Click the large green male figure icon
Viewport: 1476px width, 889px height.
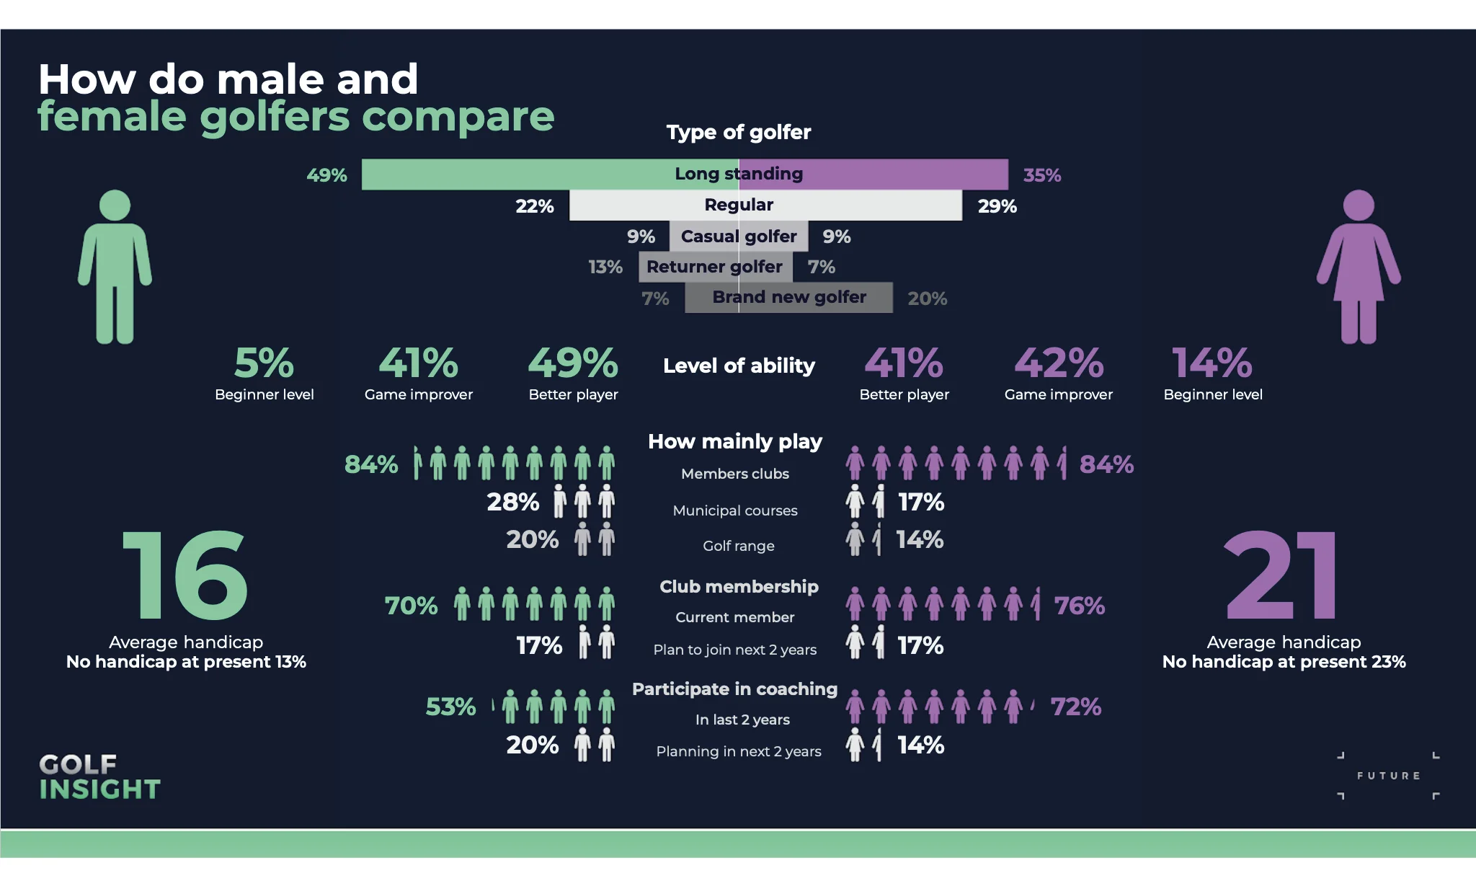click(x=115, y=267)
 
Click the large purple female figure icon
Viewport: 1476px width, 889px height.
click(x=1359, y=267)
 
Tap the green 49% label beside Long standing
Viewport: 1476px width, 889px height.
click(x=326, y=175)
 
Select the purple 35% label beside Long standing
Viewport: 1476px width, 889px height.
click(x=1041, y=175)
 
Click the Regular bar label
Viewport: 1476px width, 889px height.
click(x=739, y=205)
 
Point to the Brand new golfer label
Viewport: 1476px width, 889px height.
click(x=789, y=297)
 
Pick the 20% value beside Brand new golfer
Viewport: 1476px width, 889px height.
click(x=927, y=298)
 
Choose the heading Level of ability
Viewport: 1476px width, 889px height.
click(x=739, y=366)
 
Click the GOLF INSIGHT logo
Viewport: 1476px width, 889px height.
click(x=99, y=777)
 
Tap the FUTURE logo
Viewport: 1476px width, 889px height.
click(x=1388, y=776)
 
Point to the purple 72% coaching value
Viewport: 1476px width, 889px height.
click(x=1075, y=707)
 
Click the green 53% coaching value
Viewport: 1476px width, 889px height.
click(x=450, y=707)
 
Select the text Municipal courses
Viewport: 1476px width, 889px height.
click(x=735, y=510)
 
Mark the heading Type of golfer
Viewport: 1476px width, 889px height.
click(x=739, y=132)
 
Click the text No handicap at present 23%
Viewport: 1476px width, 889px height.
click(x=1284, y=662)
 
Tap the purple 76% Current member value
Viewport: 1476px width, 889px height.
click(x=1079, y=606)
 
